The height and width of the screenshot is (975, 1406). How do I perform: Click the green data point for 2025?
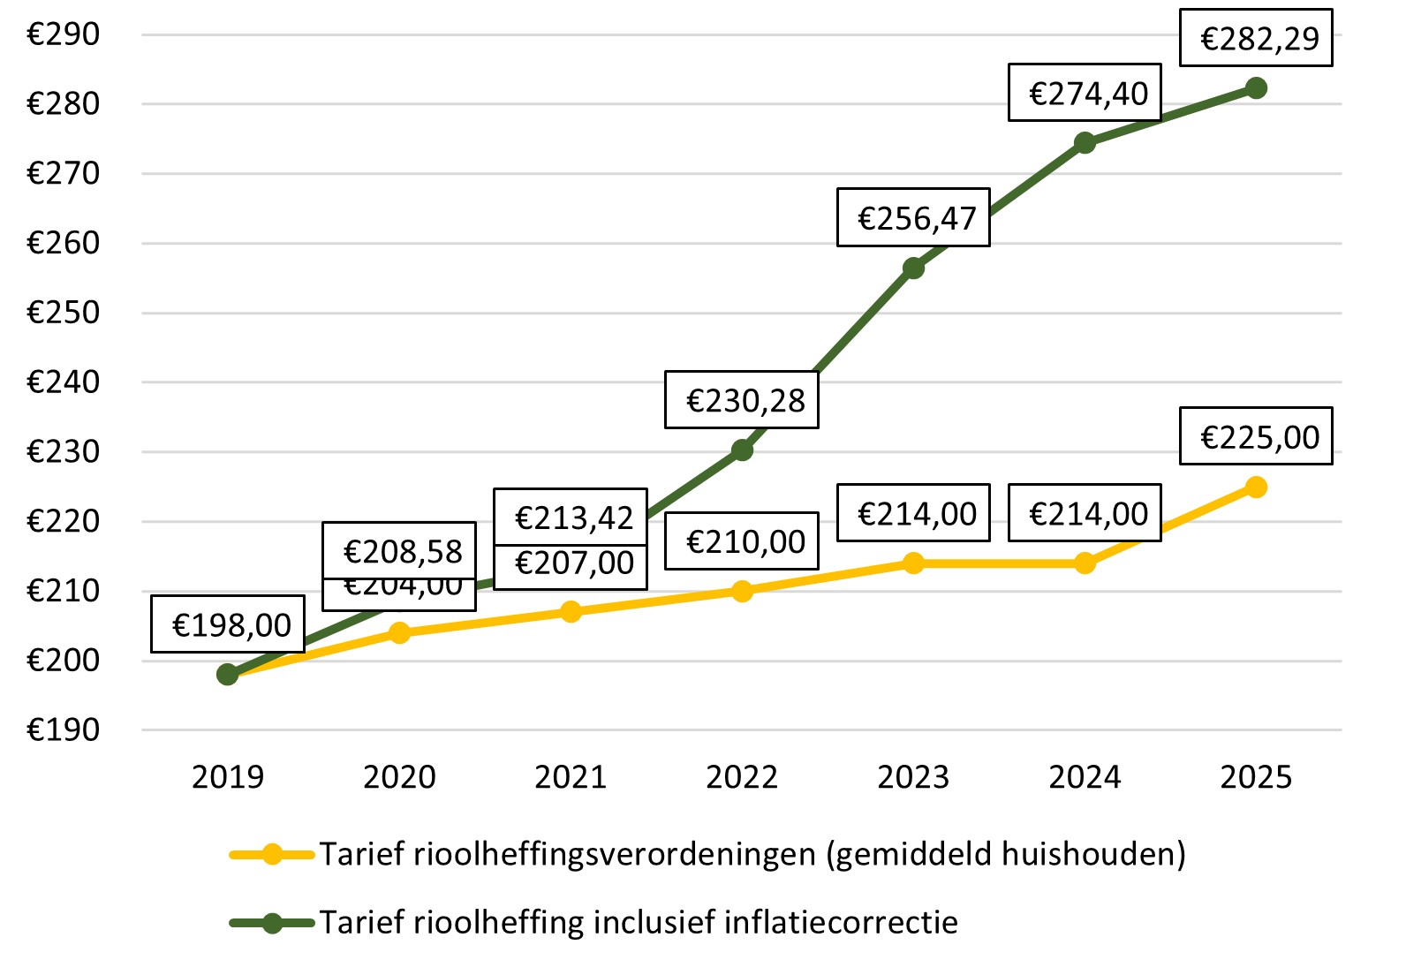[x=1256, y=88]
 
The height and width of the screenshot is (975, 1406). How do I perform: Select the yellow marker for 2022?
[x=742, y=591]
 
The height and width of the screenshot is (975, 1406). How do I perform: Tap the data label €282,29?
[x=1256, y=39]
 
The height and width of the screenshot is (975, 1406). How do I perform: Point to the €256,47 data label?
[x=913, y=217]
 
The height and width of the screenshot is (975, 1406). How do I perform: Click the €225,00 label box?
[x=1256, y=436]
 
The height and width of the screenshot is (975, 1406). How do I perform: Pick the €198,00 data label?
[x=228, y=624]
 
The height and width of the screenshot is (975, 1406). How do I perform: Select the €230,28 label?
[x=742, y=400]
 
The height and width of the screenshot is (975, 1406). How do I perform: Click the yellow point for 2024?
[x=1085, y=563]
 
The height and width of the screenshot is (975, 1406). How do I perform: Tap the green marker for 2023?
[x=913, y=268]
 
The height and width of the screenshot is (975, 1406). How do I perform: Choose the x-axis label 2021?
[x=571, y=777]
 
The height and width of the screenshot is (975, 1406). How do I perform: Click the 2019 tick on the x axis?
[x=228, y=777]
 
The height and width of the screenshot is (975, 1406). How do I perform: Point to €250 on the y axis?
[x=64, y=313]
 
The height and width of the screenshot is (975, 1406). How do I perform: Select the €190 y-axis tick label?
[x=64, y=730]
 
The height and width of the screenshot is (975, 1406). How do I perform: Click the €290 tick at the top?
[x=64, y=34]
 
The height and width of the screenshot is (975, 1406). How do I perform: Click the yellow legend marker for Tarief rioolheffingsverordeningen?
[x=272, y=854]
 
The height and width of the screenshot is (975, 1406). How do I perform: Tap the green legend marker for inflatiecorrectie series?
[x=272, y=923]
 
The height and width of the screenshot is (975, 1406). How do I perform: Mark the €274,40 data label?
[x=1085, y=93]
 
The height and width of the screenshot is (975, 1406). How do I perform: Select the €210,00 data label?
[x=742, y=541]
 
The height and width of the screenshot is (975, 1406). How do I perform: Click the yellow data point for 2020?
[x=399, y=632]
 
